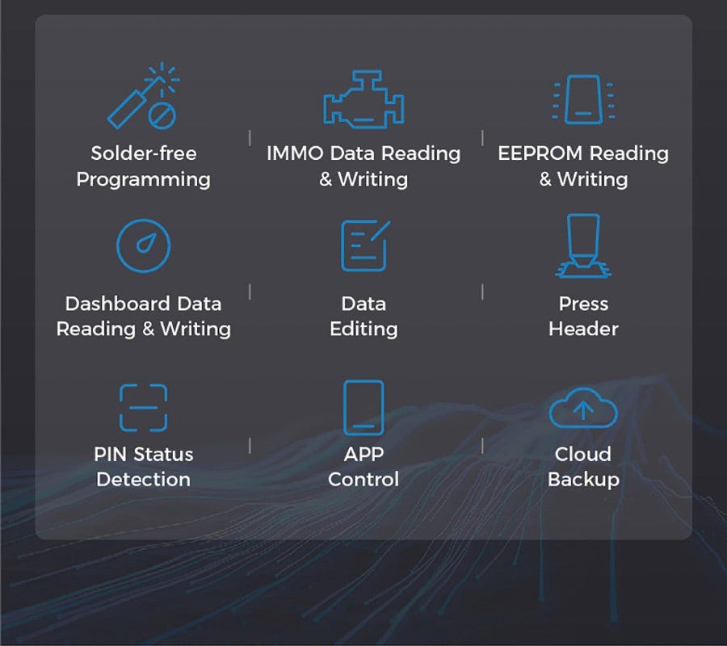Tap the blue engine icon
(x=363, y=100)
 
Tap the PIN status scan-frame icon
(x=143, y=407)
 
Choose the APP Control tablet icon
(x=363, y=407)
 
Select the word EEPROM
(x=538, y=153)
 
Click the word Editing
(x=363, y=329)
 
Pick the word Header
(x=583, y=329)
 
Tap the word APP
(x=363, y=454)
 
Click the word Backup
(x=583, y=480)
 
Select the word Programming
(x=144, y=179)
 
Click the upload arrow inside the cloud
(x=583, y=410)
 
